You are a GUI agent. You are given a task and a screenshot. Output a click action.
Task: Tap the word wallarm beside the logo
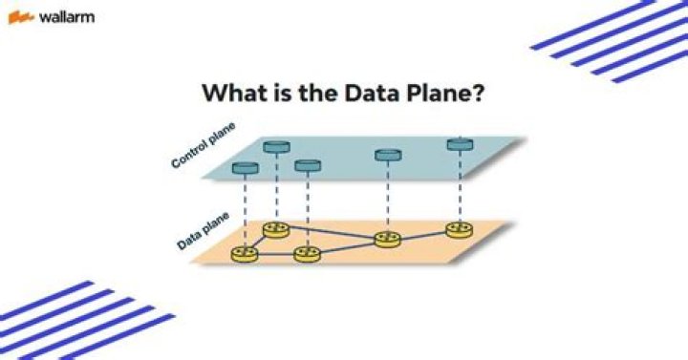[66, 17]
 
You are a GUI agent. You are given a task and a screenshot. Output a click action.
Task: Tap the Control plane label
[203, 145]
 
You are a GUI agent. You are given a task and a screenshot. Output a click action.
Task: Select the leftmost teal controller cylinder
[246, 169]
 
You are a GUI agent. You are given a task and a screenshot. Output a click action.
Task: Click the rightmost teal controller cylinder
[460, 144]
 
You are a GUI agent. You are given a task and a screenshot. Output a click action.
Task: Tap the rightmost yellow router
[459, 229]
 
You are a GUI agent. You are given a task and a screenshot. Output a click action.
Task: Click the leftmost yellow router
[245, 254]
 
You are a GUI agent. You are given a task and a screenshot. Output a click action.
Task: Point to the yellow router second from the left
[276, 229]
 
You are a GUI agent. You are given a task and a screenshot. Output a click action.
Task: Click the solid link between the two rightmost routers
[423, 234]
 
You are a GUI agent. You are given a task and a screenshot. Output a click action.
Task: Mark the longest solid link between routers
[332, 234]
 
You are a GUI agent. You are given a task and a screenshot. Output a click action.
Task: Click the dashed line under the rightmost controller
[460, 186]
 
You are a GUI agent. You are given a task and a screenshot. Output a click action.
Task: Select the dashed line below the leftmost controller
[246, 210]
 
